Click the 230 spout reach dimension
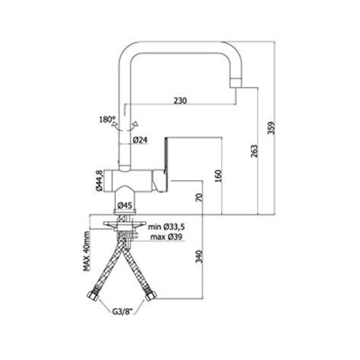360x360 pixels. point(180,101)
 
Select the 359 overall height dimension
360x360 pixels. point(272,128)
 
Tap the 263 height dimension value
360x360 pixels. point(254,151)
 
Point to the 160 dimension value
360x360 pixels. point(218,176)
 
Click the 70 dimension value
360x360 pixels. point(199,198)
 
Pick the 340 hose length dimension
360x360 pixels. point(200,257)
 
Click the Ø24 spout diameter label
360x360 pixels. point(140,140)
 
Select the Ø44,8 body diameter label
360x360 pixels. point(99,181)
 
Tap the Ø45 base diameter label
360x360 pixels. point(126,205)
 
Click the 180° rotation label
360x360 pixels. point(107,119)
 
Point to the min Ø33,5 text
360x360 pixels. point(167,227)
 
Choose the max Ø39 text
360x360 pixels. point(166,237)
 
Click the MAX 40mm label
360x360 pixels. point(87,251)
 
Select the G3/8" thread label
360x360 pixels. point(123,311)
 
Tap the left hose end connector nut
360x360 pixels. point(93,295)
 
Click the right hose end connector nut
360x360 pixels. point(151,295)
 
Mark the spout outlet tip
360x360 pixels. point(236,83)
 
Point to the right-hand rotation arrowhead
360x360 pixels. point(136,124)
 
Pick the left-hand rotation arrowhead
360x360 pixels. point(114,124)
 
